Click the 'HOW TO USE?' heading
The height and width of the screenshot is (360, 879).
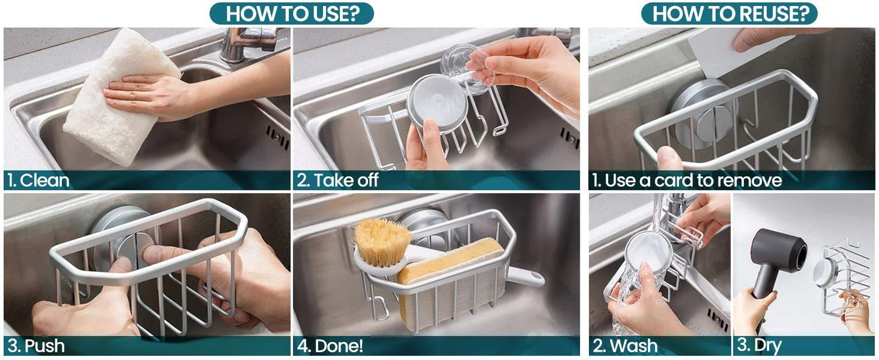293,14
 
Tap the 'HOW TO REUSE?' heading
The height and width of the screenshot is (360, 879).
731,14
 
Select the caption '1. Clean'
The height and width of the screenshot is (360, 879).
38,181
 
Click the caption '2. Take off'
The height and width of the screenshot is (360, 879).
338,181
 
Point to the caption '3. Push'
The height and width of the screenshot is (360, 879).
36,346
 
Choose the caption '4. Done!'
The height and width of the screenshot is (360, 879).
330,346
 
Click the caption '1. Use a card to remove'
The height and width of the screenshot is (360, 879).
687,181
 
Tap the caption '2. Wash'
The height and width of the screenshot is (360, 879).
625,346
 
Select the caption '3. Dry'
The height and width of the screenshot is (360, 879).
759,346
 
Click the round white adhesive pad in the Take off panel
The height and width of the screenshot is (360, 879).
437,103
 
